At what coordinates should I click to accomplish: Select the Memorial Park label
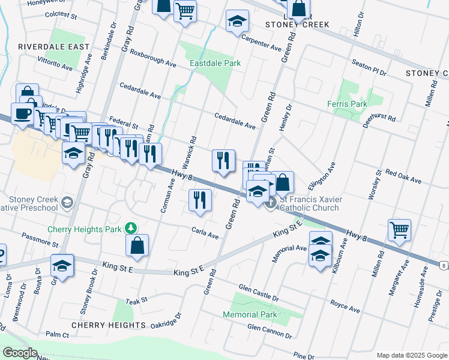click(x=250, y=314)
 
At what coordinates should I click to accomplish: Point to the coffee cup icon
click(x=23, y=113)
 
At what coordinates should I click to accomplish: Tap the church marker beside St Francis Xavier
click(x=271, y=202)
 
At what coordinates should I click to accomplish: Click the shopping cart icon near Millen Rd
click(x=399, y=229)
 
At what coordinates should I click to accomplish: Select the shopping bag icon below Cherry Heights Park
click(x=137, y=245)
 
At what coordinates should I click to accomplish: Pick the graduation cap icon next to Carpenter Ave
click(x=238, y=22)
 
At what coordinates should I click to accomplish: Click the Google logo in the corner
click(x=20, y=353)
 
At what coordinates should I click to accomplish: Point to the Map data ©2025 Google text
click(x=411, y=355)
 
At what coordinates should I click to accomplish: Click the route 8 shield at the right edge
click(x=442, y=264)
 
